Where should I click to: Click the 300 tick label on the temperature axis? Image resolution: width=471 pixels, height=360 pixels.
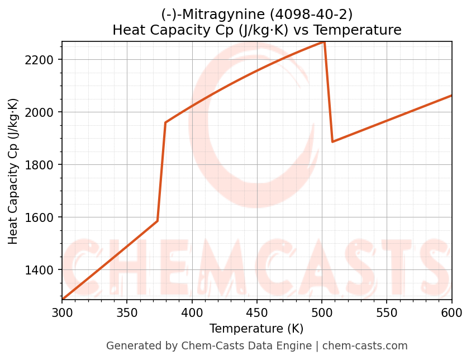pos(62,312)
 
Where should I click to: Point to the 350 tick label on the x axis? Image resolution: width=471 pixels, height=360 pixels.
pos(127,312)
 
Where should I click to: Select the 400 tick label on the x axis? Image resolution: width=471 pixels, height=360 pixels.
pos(192,312)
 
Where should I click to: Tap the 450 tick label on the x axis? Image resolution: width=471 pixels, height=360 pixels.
pos(257,312)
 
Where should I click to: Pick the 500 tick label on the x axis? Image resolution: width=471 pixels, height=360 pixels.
pos(322,312)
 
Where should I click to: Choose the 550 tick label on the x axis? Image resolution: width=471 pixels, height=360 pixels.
pos(387,312)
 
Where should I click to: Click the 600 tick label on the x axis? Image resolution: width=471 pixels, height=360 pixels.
pos(451,312)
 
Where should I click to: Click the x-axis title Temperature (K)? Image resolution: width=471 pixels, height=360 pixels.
pos(256,329)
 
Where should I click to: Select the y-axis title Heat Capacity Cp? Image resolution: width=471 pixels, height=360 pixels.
pos(13,171)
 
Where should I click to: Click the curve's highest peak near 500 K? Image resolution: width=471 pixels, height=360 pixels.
pos(324,42)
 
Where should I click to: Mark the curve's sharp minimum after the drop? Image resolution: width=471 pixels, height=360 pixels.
pos(332,141)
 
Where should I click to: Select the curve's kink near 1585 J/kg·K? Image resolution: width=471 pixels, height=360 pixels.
pos(157,221)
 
